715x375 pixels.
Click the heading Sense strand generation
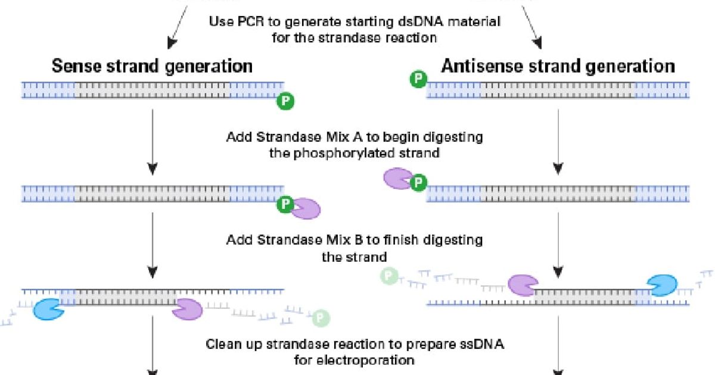(x=152, y=65)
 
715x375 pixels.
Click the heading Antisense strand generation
(x=558, y=65)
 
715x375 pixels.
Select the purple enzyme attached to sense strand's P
(x=306, y=208)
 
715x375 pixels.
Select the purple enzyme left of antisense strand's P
(x=397, y=179)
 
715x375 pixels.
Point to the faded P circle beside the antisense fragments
(x=390, y=276)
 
